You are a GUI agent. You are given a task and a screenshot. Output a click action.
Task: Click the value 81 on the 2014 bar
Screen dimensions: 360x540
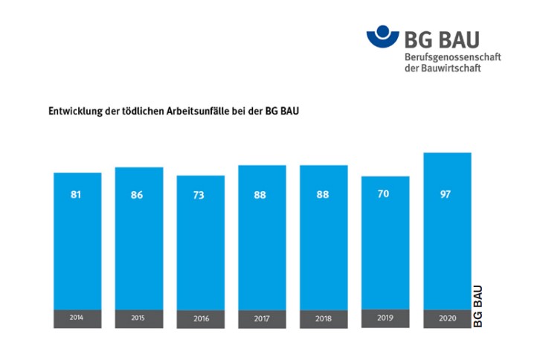[75, 196]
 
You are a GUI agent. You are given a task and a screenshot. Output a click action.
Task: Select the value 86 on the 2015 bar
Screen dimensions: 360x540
[138, 196]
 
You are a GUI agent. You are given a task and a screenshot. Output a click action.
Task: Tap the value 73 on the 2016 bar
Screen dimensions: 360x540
[200, 196]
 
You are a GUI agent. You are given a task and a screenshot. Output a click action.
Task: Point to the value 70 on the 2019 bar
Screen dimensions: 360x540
[385, 196]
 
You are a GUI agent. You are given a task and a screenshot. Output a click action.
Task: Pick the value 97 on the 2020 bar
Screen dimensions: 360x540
[446, 196]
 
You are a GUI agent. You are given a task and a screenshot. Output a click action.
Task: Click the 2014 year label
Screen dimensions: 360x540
[77, 318]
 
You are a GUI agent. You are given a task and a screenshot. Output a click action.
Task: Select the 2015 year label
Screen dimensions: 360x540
[138, 318]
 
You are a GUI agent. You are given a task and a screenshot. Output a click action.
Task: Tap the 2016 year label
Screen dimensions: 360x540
[200, 319]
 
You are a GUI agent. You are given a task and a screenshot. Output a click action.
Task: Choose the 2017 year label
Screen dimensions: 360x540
[262, 319]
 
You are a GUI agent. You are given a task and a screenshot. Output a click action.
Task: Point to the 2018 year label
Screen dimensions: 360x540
[323, 319]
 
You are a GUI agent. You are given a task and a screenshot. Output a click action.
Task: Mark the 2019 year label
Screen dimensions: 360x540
[385, 318]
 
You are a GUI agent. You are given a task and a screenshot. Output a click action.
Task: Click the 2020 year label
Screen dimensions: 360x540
[447, 318]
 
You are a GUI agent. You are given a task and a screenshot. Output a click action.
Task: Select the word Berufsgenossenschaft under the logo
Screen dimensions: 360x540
[452, 57]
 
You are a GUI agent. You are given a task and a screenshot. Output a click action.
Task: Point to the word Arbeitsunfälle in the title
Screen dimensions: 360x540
[205, 111]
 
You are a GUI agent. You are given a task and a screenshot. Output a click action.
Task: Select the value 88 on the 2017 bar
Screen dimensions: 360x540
[262, 196]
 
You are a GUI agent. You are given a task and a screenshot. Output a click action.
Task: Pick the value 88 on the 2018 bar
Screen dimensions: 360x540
[323, 196]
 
